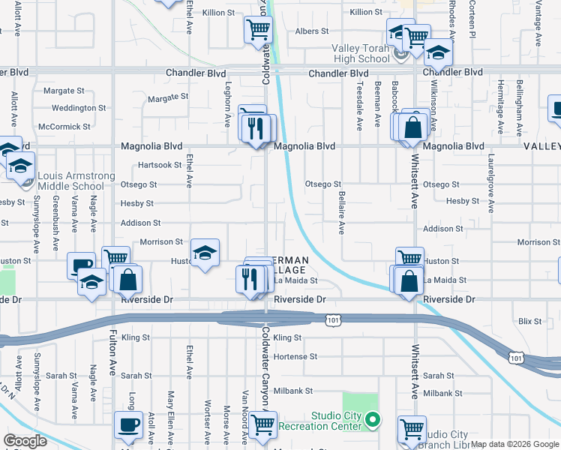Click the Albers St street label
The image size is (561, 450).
coord(312,31)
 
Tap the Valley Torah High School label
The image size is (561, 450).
coord(361,53)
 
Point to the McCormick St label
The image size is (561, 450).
coord(64,127)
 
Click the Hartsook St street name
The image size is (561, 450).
coord(160,165)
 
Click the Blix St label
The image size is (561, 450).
coord(529,321)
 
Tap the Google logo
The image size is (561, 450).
coord(25,441)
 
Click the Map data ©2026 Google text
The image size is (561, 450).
coord(514,444)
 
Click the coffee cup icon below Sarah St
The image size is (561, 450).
coord(127,425)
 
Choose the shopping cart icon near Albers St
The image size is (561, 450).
coord(257,31)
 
